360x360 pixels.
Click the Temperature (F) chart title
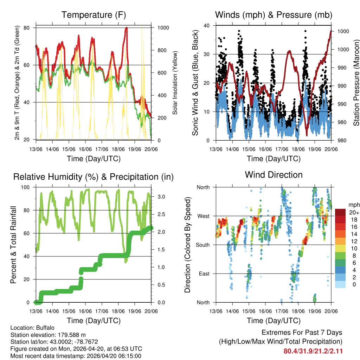tap(94, 15)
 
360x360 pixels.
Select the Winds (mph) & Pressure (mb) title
tap(274, 15)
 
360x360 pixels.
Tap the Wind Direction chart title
tap(274, 174)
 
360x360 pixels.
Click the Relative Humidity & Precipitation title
tap(94, 177)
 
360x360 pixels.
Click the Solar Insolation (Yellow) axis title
tap(175, 83)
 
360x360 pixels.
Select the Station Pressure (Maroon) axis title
tap(356, 83)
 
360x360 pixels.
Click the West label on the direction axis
tap(203, 216)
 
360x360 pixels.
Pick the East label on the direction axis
tap(204, 274)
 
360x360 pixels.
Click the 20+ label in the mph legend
tap(354, 212)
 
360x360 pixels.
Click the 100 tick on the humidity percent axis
tap(27, 187)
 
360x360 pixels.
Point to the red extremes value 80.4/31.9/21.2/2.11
tap(313, 351)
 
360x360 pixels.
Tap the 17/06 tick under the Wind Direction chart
tap(282, 311)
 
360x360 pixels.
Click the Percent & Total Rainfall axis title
tap(13, 245)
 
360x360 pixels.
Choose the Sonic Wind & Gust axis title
tap(195, 83)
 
